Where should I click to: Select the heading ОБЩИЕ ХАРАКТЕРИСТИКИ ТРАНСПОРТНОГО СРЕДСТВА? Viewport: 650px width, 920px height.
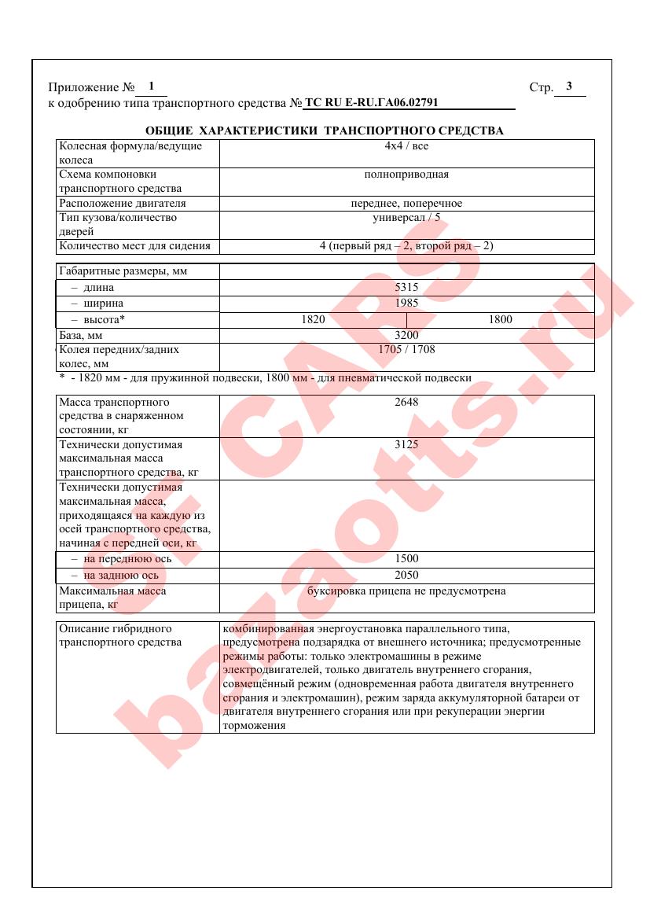pyautogui.click(x=325, y=131)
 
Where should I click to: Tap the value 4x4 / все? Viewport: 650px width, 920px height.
pyautogui.click(x=406, y=146)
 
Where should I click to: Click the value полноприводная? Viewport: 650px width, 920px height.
pyautogui.click(x=406, y=175)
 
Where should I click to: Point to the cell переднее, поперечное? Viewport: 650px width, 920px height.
pyautogui.click(x=406, y=204)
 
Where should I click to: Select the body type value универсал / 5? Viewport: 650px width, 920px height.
pyautogui.click(x=406, y=218)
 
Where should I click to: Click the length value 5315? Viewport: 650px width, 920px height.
pyautogui.click(x=406, y=289)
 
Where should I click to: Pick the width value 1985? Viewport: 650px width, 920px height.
pyautogui.click(x=406, y=303)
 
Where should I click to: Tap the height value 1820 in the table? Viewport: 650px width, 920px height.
pyautogui.click(x=313, y=320)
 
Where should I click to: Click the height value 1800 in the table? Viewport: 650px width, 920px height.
pyautogui.click(x=500, y=320)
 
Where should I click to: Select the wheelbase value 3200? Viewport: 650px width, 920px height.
pyautogui.click(x=406, y=336)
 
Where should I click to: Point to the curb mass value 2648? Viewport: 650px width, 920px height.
pyautogui.click(x=406, y=402)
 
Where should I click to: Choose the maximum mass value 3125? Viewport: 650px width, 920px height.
pyautogui.click(x=406, y=445)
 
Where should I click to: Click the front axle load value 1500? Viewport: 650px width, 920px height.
pyautogui.click(x=406, y=559)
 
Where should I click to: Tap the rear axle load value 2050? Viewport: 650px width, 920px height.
pyautogui.click(x=406, y=575)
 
